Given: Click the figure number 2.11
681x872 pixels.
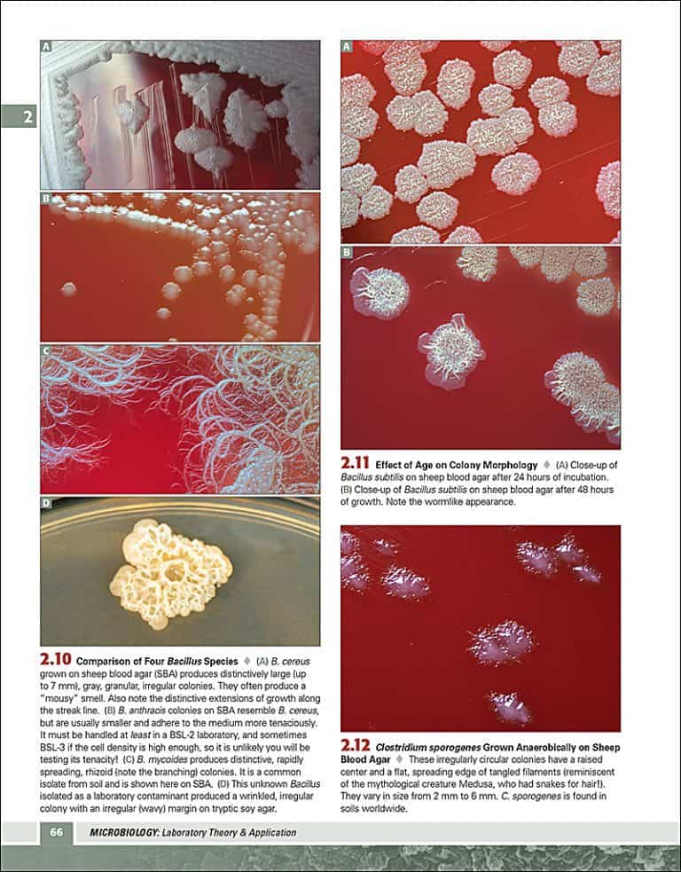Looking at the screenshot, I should pyautogui.click(x=356, y=462).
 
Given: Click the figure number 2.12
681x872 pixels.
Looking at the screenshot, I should pyautogui.click(x=356, y=746).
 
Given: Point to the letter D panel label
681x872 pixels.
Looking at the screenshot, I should pyautogui.click(x=47, y=504).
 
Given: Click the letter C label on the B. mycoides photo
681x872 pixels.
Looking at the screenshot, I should pyautogui.click(x=47, y=350).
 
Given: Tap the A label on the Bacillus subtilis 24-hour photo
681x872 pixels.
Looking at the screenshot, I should pyautogui.click(x=347, y=46).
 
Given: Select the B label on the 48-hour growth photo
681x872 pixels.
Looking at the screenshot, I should pyautogui.click(x=347, y=253).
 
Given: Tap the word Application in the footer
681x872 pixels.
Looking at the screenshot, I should pyautogui.click(x=266, y=832).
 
